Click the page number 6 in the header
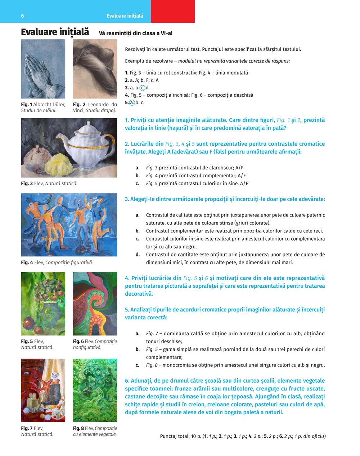(22, 16)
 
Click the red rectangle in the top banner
(173, 12)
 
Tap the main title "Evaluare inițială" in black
(55, 32)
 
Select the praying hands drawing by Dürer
(43, 69)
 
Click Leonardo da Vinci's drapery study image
(95, 69)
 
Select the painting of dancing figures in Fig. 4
(69, 225)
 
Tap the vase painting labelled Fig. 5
(43, 304)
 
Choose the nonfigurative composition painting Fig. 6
(95, 304)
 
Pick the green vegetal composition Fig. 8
(95, 390)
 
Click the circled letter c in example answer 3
(142, 88)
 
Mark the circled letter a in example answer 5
(132, 103)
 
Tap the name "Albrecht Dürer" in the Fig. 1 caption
(49, 105)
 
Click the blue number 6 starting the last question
(127, 381)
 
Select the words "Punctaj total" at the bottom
(175, 436)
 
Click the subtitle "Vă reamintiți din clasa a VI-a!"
(136, 33)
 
